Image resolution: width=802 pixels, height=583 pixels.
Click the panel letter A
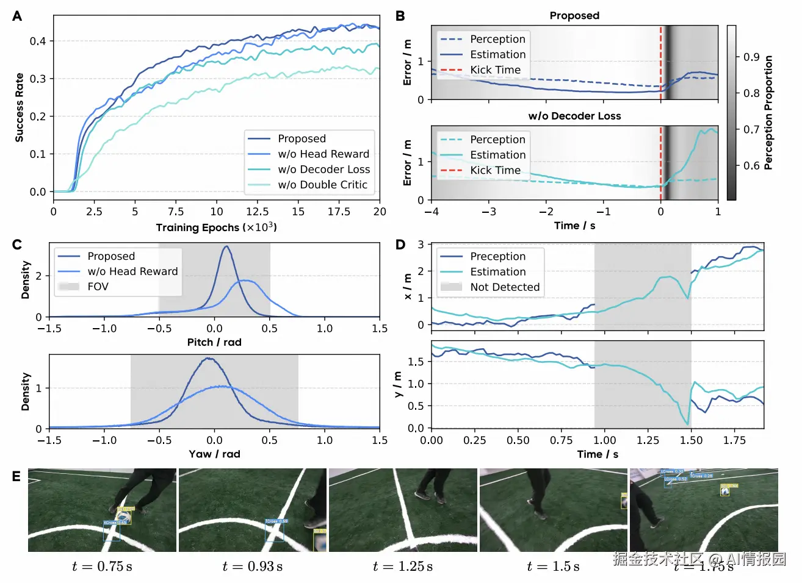tap(17, 16)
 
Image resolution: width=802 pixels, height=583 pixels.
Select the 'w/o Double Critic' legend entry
tap(322, 185)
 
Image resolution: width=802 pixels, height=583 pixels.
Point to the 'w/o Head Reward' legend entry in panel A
tap(323, 154)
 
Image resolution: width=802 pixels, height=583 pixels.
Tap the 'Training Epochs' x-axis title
tap(216, 227)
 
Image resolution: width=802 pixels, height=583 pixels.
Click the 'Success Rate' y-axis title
tap(20, 108)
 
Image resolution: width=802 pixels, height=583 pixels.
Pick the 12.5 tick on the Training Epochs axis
tap(257, 212)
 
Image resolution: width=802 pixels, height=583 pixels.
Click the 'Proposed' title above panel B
tap(574, 16)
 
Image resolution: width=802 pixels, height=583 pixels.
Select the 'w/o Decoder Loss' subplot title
tap(574, 116)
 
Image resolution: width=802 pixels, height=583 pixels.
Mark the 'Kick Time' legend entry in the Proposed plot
tap(495, 70)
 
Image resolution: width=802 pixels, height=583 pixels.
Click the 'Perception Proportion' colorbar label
tap(768, 113)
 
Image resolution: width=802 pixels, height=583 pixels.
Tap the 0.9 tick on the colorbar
tap(751, 57)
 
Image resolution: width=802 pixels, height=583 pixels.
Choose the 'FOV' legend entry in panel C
tap(98, 287)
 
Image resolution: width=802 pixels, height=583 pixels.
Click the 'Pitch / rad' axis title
tap(214, 342)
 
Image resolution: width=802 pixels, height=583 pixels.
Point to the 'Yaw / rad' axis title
tap(214, 454)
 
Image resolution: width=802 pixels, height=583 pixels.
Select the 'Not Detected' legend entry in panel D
tap(505, 287)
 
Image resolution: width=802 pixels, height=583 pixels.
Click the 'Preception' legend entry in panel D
tap(497, 256)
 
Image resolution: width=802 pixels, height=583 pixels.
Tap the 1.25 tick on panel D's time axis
tap(648, 440)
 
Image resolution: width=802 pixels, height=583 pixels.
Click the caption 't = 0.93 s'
tap(252, 567)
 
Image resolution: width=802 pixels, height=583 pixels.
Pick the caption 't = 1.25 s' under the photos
tap(403, 567)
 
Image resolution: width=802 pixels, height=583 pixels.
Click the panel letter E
tap(16, 476)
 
